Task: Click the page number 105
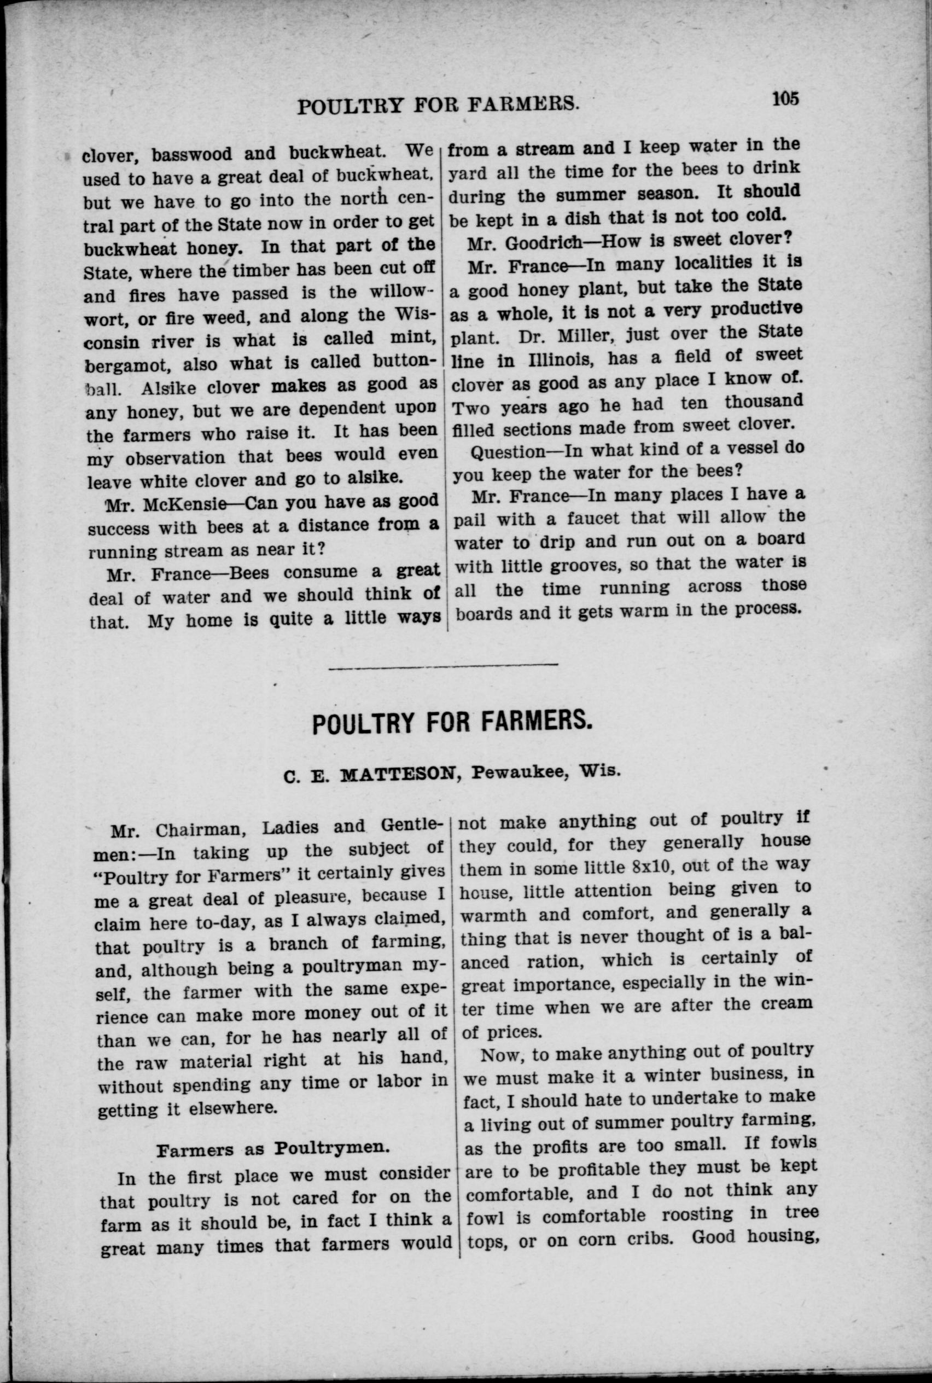coord(786,98)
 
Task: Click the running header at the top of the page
coord(438,105)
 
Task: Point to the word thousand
coord(764,402)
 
